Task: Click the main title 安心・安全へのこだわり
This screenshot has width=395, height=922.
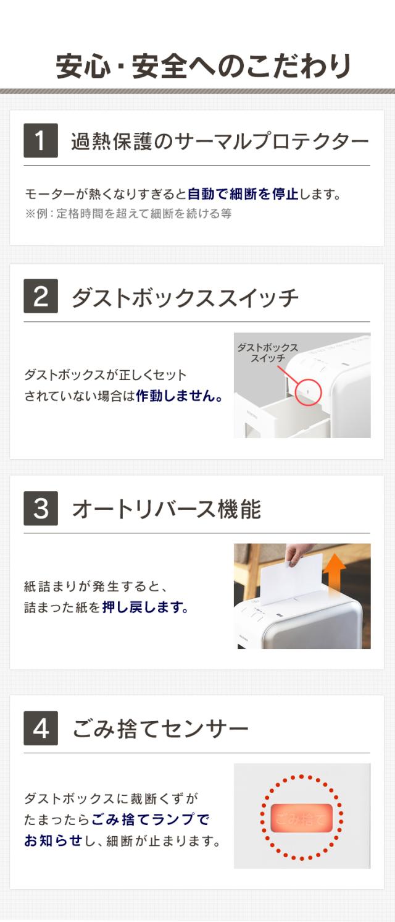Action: coord(204,66)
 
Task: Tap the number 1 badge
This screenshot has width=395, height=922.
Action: coord(41,140)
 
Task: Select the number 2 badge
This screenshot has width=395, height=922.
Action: coord(41,296)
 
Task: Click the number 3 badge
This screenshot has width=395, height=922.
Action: coord(41,509)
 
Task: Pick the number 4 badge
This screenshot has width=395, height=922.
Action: coord(41,728)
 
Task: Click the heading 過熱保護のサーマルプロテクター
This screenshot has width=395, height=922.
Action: coord(220,141)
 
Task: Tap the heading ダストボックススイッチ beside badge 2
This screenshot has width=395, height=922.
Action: coord(185,297)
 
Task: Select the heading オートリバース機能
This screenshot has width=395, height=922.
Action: coord(167,509)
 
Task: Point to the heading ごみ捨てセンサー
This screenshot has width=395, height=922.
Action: coord(160,729)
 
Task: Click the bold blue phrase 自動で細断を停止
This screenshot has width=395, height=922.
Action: coord(243,193)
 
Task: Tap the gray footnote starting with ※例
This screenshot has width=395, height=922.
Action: coord(128,214)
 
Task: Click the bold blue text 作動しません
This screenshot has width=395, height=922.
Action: coord(179,396)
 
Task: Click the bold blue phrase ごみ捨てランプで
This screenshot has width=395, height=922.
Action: coord(150,819)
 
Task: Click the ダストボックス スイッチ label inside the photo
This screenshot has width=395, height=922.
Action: coord(268,353)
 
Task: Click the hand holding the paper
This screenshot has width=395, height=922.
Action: coord(299,554)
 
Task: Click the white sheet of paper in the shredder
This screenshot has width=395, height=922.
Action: coord(291,580)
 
